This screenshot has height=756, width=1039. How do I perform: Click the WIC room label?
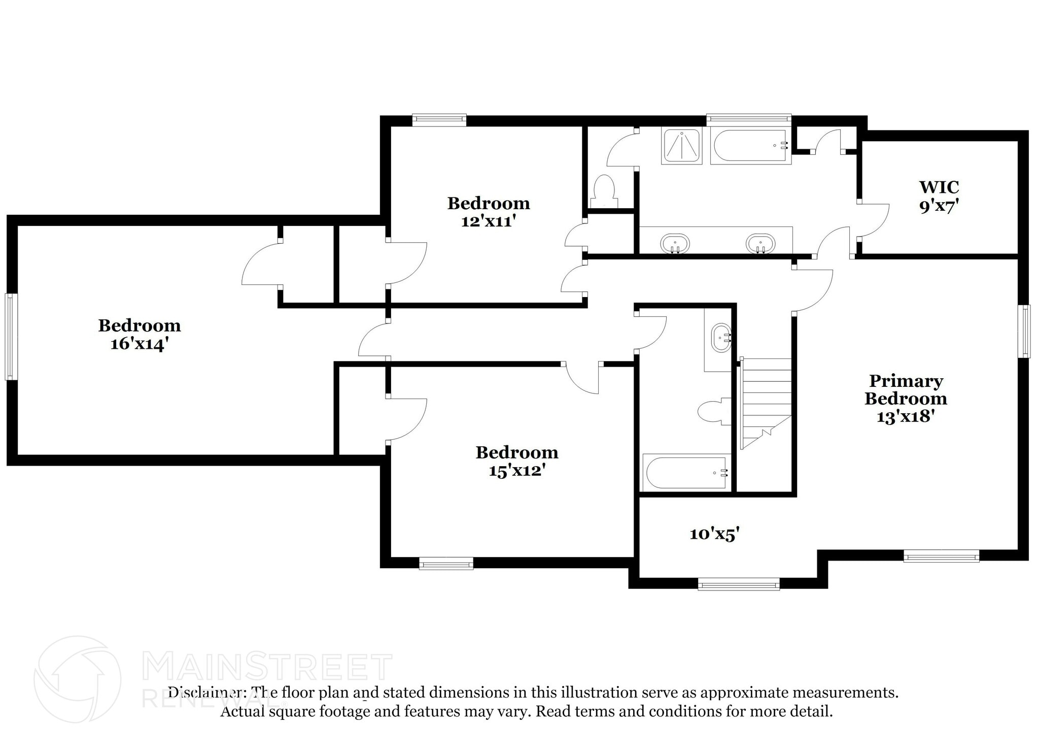click(939, 187)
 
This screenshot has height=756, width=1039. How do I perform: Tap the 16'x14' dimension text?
click(139, 344)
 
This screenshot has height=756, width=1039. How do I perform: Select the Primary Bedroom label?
click(906, 389)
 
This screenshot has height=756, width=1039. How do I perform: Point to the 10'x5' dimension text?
click(714, 534)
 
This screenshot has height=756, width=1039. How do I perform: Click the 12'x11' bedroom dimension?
click(488, 221)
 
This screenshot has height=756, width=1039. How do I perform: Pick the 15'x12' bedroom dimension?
click(516, 471)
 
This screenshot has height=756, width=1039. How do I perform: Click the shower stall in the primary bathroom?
click(682, 145)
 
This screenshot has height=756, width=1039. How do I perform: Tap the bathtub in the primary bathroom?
click(750, 145)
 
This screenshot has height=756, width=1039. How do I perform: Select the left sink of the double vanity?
click(675, 244)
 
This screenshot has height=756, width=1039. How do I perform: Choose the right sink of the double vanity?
click(760, 244)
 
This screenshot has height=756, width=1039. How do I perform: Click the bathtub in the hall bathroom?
click(686, 472)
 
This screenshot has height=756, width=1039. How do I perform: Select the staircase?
click(765, 403)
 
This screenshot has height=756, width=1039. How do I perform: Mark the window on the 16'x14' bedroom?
click(11, 336)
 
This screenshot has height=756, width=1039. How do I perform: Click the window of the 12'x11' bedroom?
click(439, 120)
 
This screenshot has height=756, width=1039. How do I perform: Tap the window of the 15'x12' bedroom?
click(446, 563)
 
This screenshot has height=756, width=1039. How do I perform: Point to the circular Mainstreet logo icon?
click(77, 679)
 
